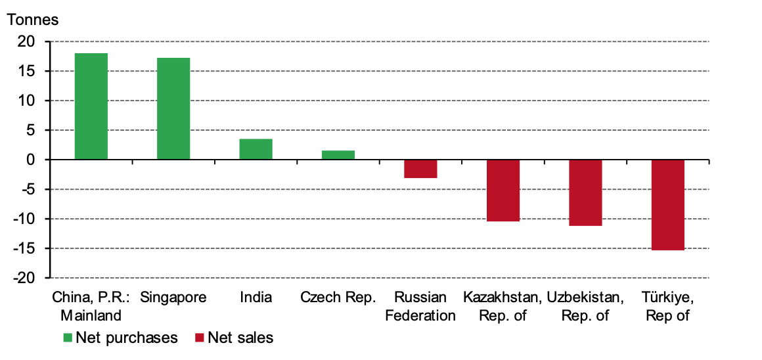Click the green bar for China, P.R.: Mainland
pyautogui.click(x=91, y=106)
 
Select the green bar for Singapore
pyautogui.click(x=173, y=109)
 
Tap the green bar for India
pyautogui.click(x=256, y=149)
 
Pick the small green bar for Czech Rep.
pyautogui.click(x=338, y=155)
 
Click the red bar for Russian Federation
pyautogui.click(x=420, y=169)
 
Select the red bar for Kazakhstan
pyautogui.click(x=503, y=191)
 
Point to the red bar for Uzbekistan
pyautogui.click(x=585, y=192)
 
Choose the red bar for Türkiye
pyautogui.click(x=668, y=205)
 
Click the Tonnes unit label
pyautogui.click(x=32, y=20)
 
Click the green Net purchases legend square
pyautogui.click(x=68, y=338)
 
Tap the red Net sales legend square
pyautogui.click(x=200, y=338)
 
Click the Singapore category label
pyautogui.click(x=173, y=298)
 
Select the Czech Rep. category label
pyautogui.click(x=338, y=298)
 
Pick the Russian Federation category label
pyautogui.click(x=420, y=306)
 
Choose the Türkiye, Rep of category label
pyautogui.click(x=668, y=306)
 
